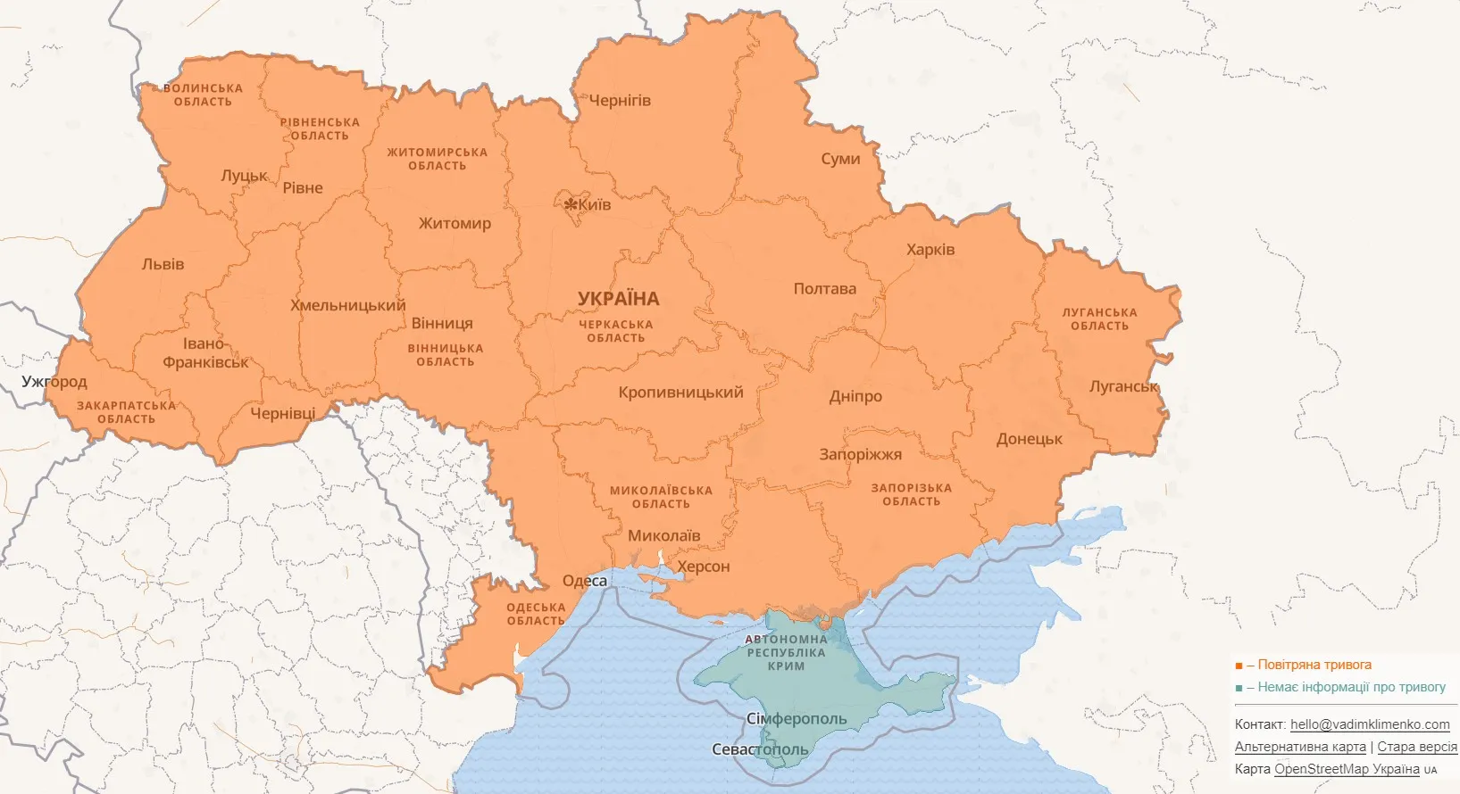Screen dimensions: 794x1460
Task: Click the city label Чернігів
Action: pos(620,101)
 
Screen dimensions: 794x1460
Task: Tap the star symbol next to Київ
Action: pos(570,204)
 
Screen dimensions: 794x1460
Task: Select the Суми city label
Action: pos(840,159)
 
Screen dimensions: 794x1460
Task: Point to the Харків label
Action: pos(930,250)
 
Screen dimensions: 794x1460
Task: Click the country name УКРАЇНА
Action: pos(618,299)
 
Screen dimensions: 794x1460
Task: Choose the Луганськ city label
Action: pos(1123,386)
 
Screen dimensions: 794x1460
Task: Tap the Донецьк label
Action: pos(1030,439)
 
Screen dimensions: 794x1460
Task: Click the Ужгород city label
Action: pos(54,382)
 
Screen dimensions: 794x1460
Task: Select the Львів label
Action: pos(163,264)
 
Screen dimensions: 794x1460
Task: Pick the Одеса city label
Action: pos(585,581)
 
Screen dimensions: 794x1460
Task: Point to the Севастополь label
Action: pos(760,749)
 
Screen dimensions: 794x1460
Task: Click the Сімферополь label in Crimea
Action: pos(797,719)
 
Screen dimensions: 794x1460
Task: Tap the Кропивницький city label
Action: pos(680,393)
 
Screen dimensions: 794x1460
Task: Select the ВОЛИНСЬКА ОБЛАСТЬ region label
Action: pos(203,95)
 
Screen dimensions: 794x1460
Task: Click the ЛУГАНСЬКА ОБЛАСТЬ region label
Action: pos(1099,319)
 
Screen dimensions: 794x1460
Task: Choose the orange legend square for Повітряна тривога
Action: pos(1239,666)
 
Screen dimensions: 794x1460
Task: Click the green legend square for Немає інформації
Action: pos(1239,688)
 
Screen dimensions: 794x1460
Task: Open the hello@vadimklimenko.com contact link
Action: pos(1370,724)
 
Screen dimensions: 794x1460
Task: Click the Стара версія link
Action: pos(1416,747)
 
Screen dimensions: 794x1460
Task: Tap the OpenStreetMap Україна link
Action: pos(1347,769)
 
